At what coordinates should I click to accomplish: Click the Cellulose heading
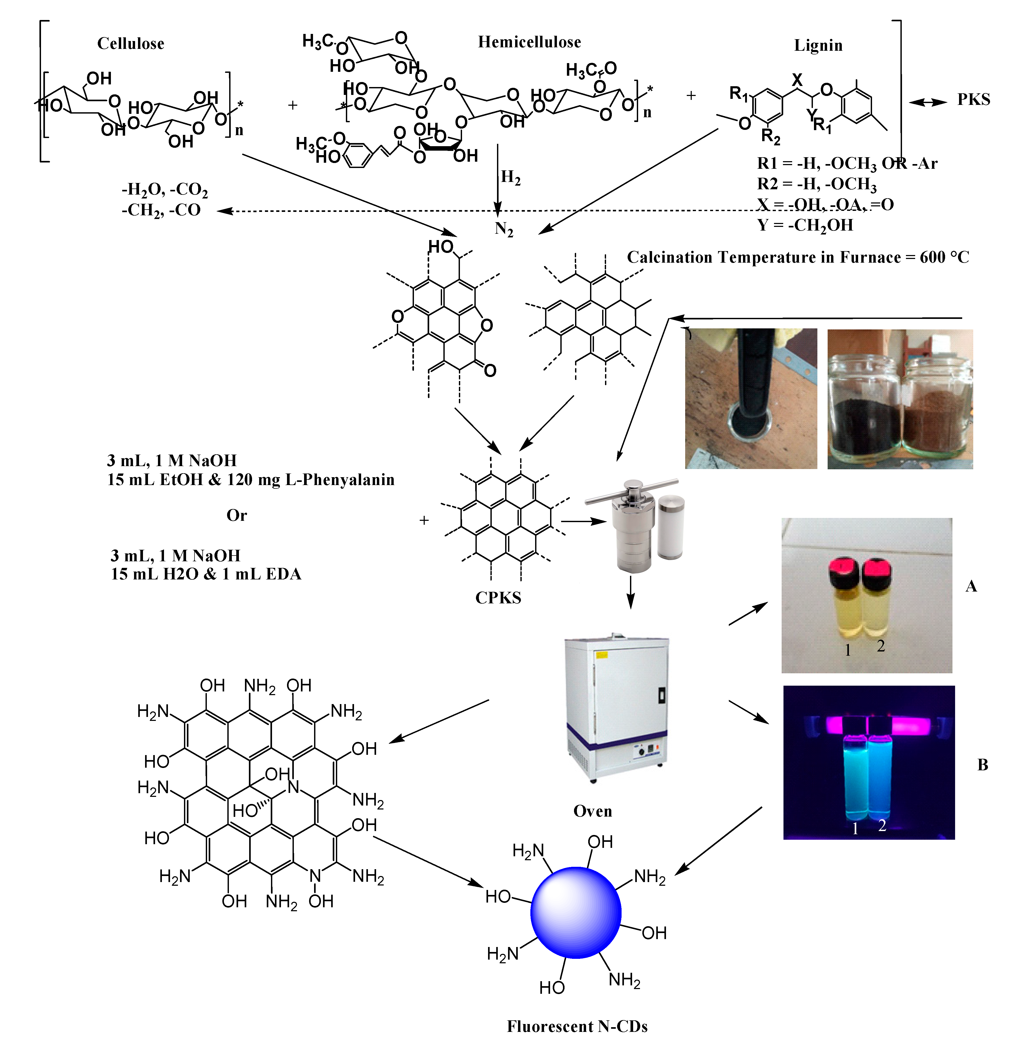(x=131, y=44)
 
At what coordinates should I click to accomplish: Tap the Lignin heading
(x=818, y=45)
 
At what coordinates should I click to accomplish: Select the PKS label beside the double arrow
(x=973, y=99)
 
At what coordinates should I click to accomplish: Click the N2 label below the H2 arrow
(x=503, y=229)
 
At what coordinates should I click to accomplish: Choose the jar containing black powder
(x=864, y=411)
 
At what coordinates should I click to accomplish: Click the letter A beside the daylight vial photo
(x=971, y=586)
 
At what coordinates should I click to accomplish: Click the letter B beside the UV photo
(x=982, y=765)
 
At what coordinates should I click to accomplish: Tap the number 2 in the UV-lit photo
(x=882, y=825)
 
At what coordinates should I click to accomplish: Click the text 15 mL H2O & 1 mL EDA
(x=206, y=574)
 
